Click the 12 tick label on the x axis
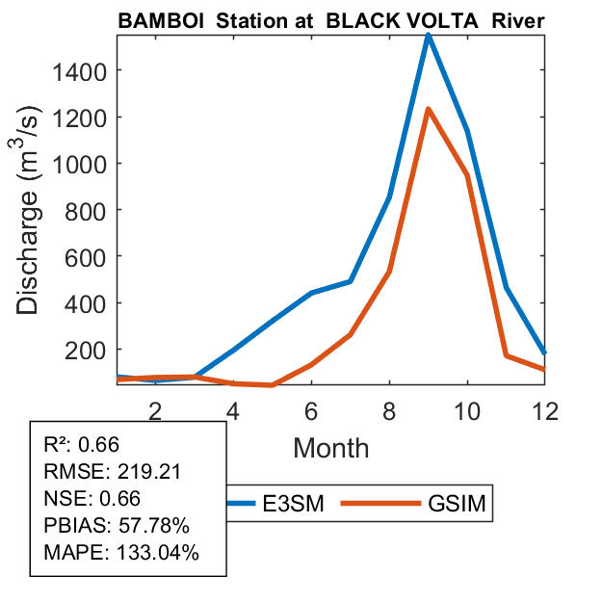pos(543,410)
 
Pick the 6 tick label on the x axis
pos(311,410)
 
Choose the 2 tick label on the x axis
pos(156,410)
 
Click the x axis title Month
pos(330,447)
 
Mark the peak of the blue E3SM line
pos(428,35)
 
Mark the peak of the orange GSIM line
pos(428,109)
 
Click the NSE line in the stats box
pos(92,499)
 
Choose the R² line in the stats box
pos(85,445)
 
